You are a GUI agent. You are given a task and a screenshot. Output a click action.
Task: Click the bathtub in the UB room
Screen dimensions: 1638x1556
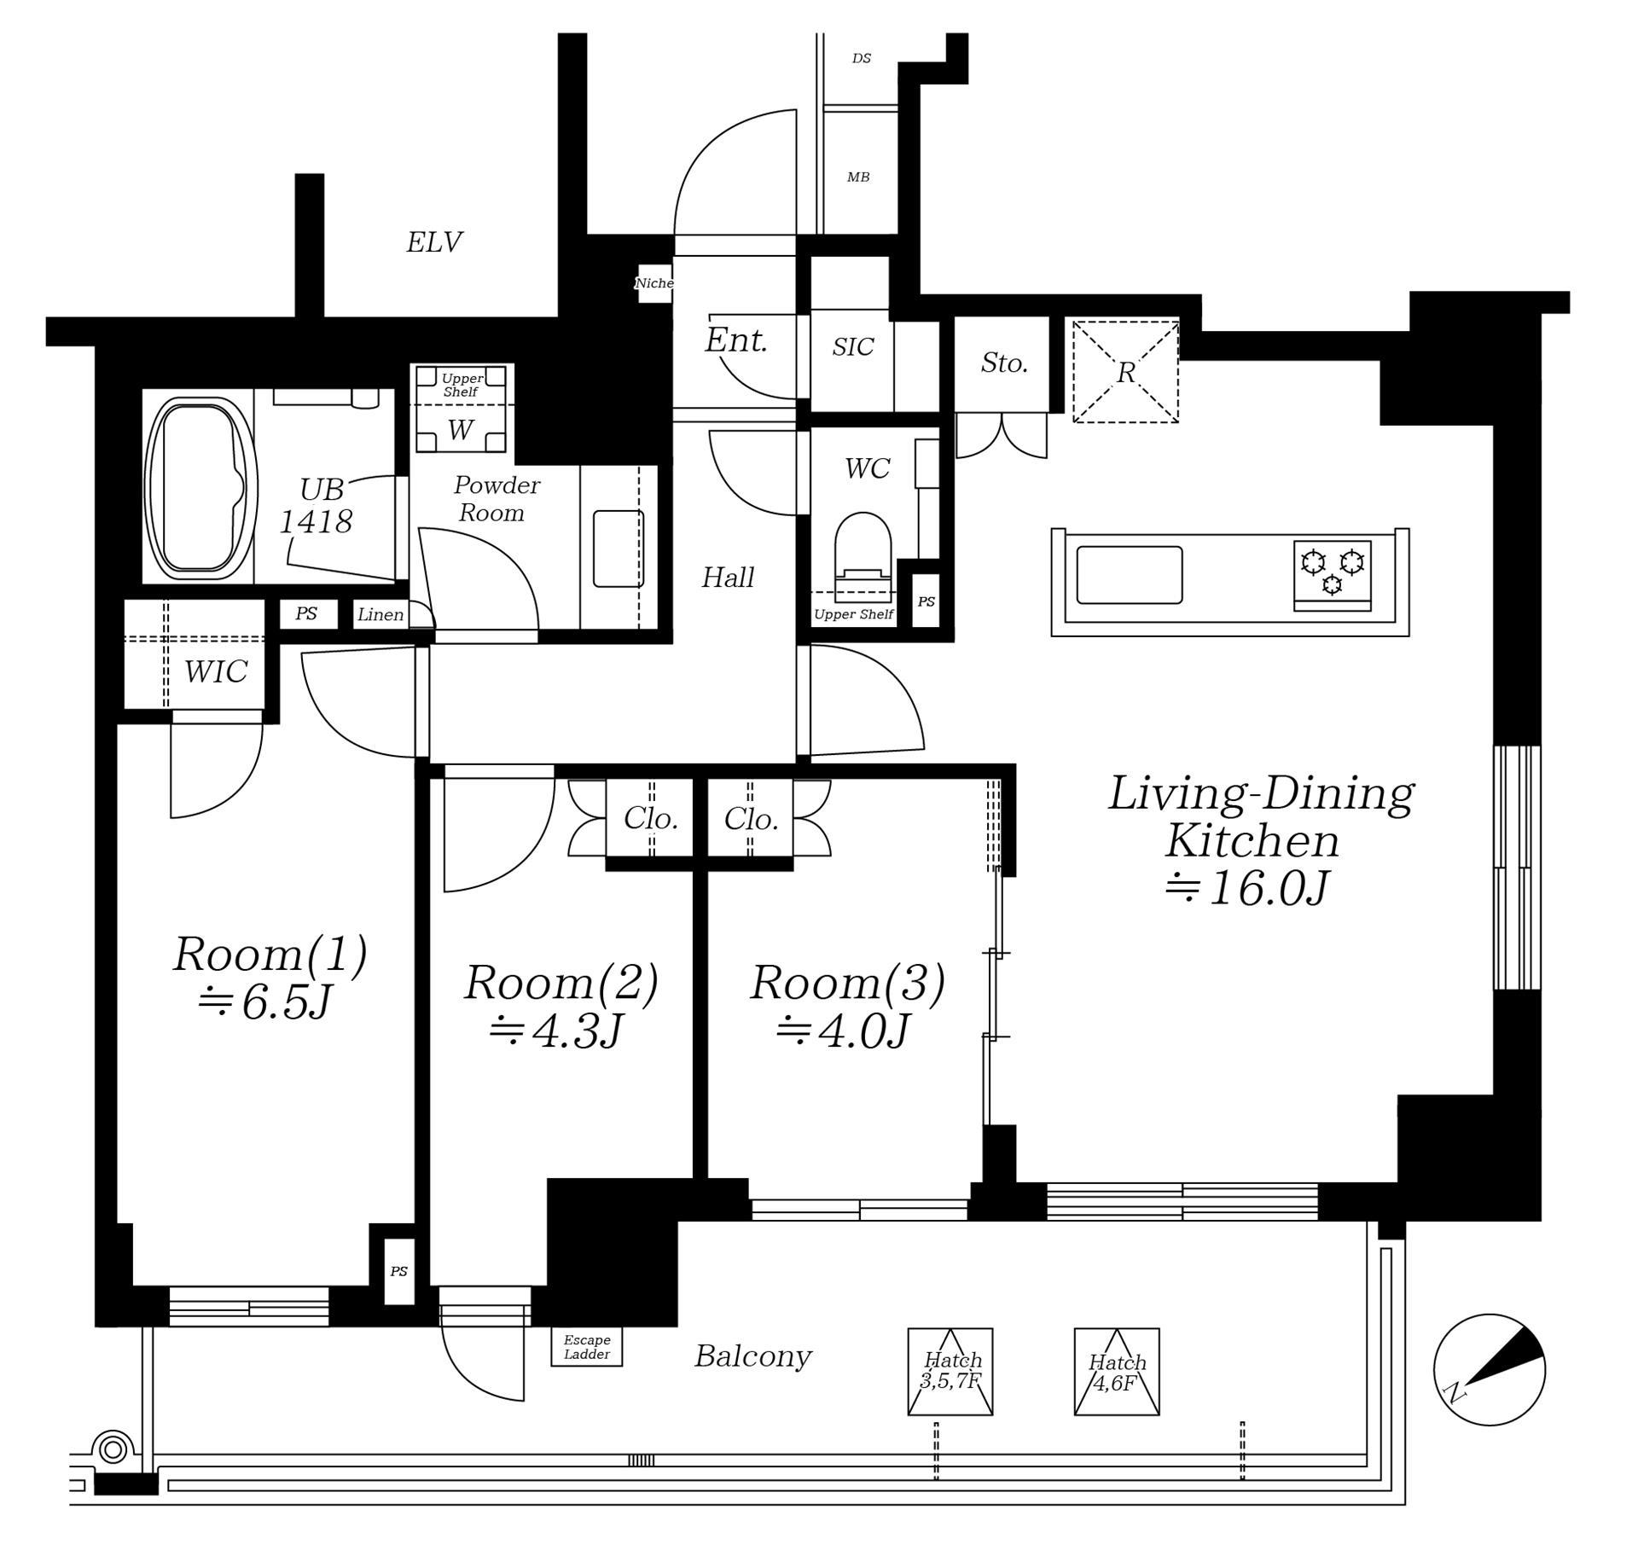coord(201,488)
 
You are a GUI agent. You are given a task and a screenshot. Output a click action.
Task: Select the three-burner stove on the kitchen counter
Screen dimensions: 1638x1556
coord(1332,575)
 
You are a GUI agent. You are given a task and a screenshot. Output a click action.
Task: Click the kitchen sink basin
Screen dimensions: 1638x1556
coord(1130,575)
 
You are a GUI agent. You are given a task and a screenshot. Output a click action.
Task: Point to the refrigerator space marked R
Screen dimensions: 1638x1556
coord(1125,371)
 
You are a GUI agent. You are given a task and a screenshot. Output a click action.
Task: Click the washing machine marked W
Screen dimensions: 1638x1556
coord(461,409)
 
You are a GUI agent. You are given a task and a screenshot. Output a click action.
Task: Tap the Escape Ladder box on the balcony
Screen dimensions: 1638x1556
coord(586,1347)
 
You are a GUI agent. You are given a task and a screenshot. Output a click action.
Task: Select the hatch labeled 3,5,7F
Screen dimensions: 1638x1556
coord(950,1372)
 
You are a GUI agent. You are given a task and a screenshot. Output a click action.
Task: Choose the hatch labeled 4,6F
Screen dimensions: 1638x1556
coord(1117,1372)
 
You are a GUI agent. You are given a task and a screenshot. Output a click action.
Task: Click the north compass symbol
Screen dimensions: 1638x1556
coord(1489,1370)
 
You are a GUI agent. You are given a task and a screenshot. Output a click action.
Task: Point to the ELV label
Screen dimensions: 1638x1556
coord(434,242)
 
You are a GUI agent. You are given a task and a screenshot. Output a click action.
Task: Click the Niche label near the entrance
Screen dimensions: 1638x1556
coord(654,283)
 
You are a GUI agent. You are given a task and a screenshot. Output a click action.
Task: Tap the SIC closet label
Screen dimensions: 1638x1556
coord(853,346)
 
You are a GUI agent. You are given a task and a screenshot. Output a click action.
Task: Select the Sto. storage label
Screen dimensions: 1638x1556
coord(1004,363)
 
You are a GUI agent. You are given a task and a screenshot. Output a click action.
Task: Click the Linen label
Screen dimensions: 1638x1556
coord(380,614)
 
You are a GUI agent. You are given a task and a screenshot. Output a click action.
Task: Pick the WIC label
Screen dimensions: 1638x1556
coord(216,671)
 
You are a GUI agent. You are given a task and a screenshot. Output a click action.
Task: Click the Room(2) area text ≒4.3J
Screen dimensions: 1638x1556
coord(558,1031)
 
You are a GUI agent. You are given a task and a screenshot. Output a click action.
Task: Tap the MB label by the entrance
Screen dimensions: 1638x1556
coord(858,177)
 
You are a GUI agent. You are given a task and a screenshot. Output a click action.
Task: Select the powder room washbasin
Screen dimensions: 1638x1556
coord(619,549)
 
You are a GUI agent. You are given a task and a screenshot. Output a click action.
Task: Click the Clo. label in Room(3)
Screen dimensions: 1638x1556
coord(751,819)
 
